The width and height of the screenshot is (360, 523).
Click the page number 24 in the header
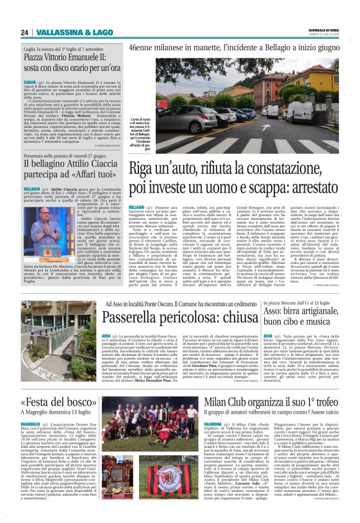(x=25, y=32)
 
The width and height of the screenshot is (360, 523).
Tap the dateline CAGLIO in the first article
(x=30, y=81)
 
